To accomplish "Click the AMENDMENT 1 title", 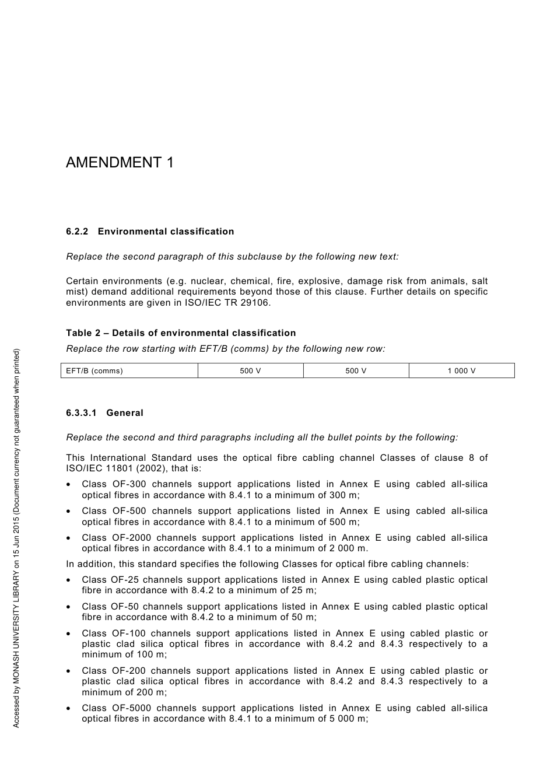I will (x=120, y=162).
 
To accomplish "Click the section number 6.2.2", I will (x=77, y=232).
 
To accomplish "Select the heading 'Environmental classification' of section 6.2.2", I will (x=166, y=232).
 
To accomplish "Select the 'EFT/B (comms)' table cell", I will (x=94, y=371).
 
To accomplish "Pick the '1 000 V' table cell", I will (x=461, y=371).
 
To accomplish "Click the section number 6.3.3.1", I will (x=81, y=413).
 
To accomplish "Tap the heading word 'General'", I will (x=125, y=413).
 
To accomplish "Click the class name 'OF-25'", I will (x=125, y=580).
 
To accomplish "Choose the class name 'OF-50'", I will (x=125, y=607).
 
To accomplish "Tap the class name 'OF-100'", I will (x=129, y=633).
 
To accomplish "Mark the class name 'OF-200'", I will (x=129, y=671).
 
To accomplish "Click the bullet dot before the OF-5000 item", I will (x=69, y=709).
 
